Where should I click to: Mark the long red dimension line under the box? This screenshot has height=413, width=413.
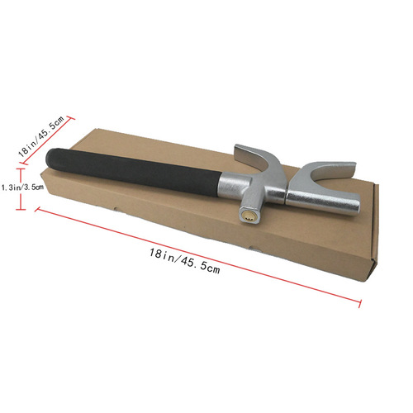pos(198,257)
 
